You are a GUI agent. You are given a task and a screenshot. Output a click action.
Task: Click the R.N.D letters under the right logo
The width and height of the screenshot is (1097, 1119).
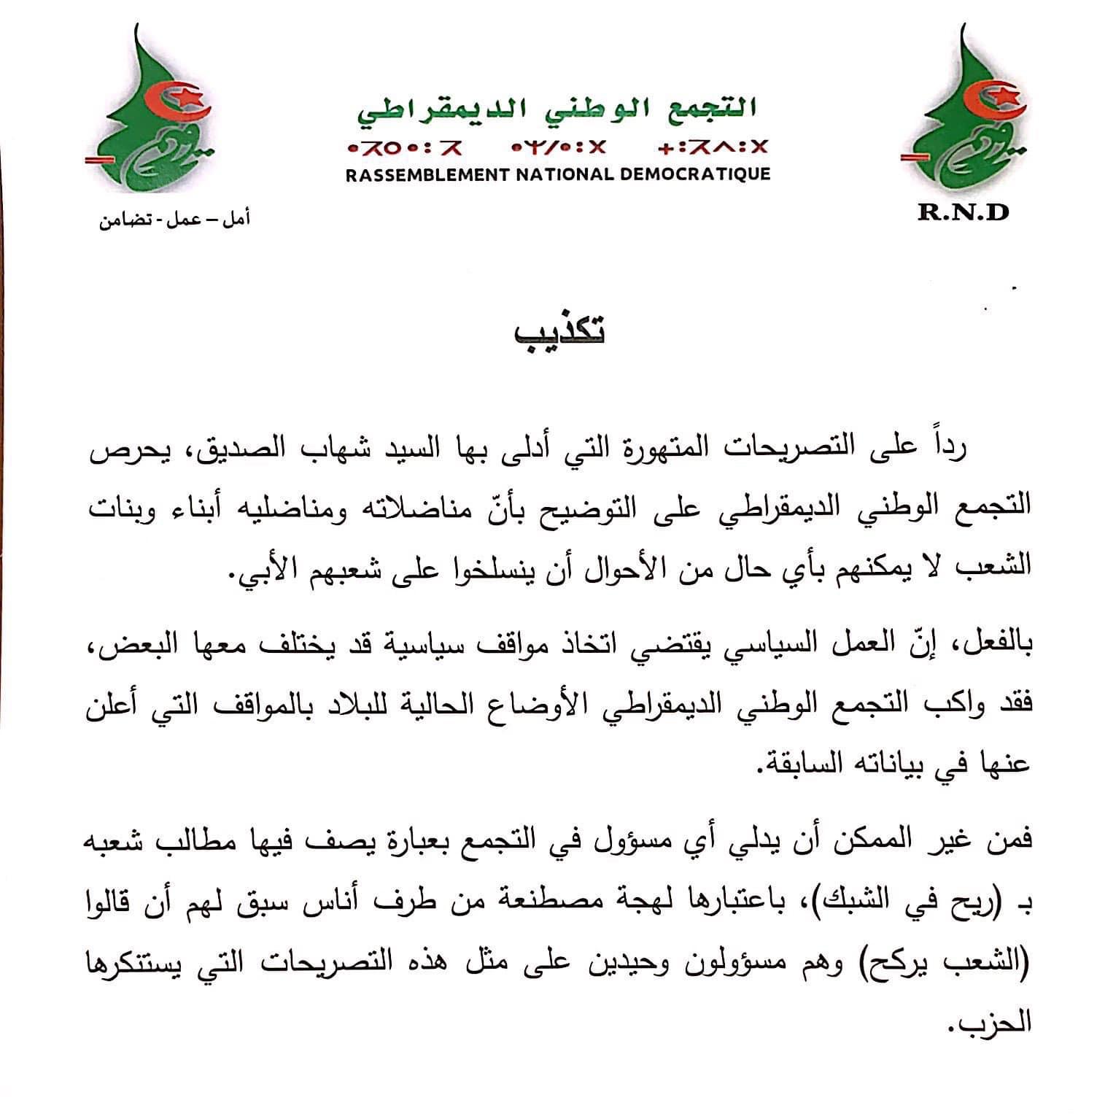[x=964, y=212]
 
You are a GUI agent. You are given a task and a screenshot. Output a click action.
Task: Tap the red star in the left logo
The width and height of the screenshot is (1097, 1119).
[x=190, y=96]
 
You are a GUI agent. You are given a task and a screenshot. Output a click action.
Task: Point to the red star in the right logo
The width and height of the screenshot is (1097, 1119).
[x=1008, y=95]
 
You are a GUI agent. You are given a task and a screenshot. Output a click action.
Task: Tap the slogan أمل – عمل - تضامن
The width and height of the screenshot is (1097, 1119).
[x=174, y=219]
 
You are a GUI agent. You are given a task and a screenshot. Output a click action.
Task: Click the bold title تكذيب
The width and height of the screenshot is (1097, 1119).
[x=559, y=333]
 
